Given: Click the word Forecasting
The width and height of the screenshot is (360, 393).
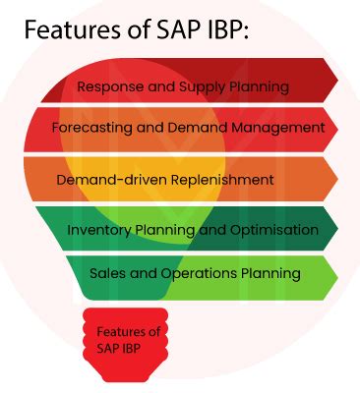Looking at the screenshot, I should coord(93,128).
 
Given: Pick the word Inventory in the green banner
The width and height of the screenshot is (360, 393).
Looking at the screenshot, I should coord(97,230).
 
